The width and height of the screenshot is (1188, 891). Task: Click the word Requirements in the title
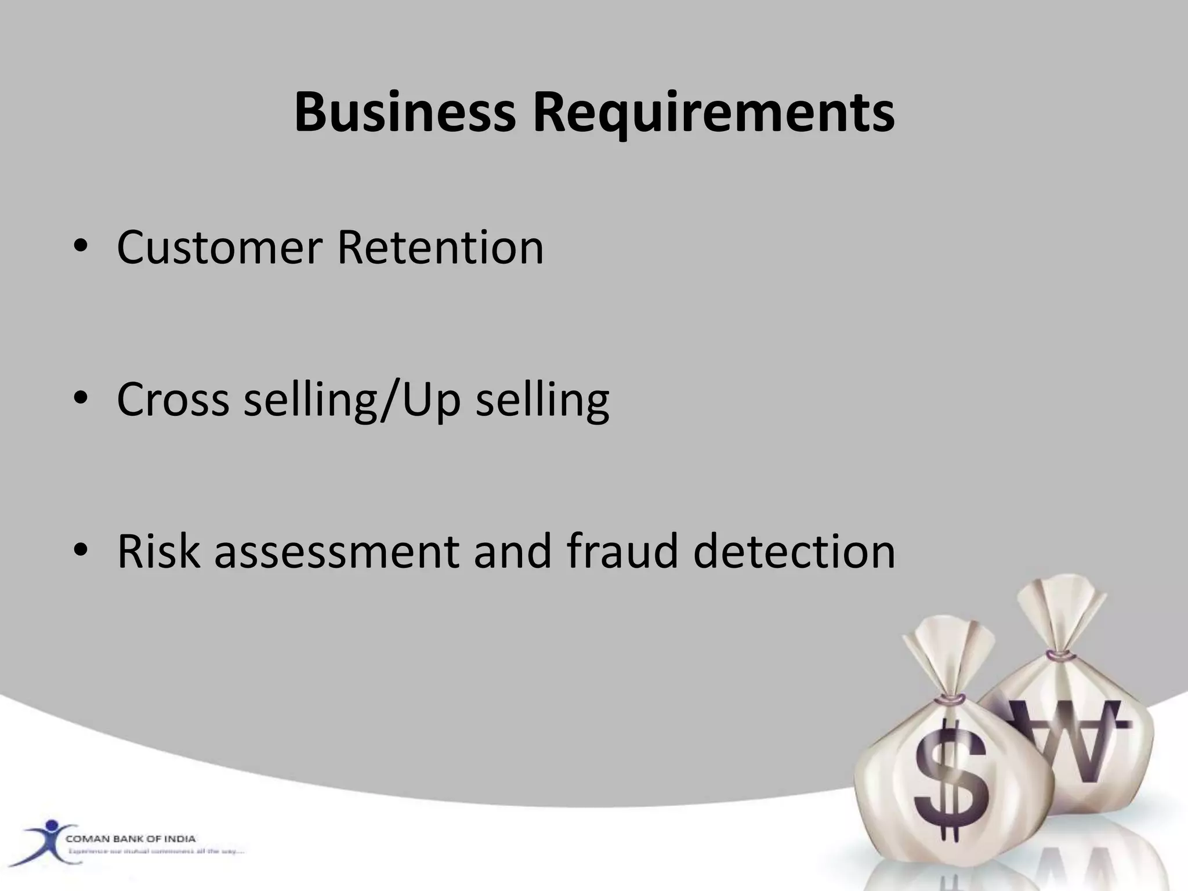pyautogui.click(x=713, y=113)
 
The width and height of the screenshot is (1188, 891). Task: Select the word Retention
pyautogui.click(x=440, y=248)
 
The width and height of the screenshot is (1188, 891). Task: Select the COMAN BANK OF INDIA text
pyautogui.click(x=131, y=839)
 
